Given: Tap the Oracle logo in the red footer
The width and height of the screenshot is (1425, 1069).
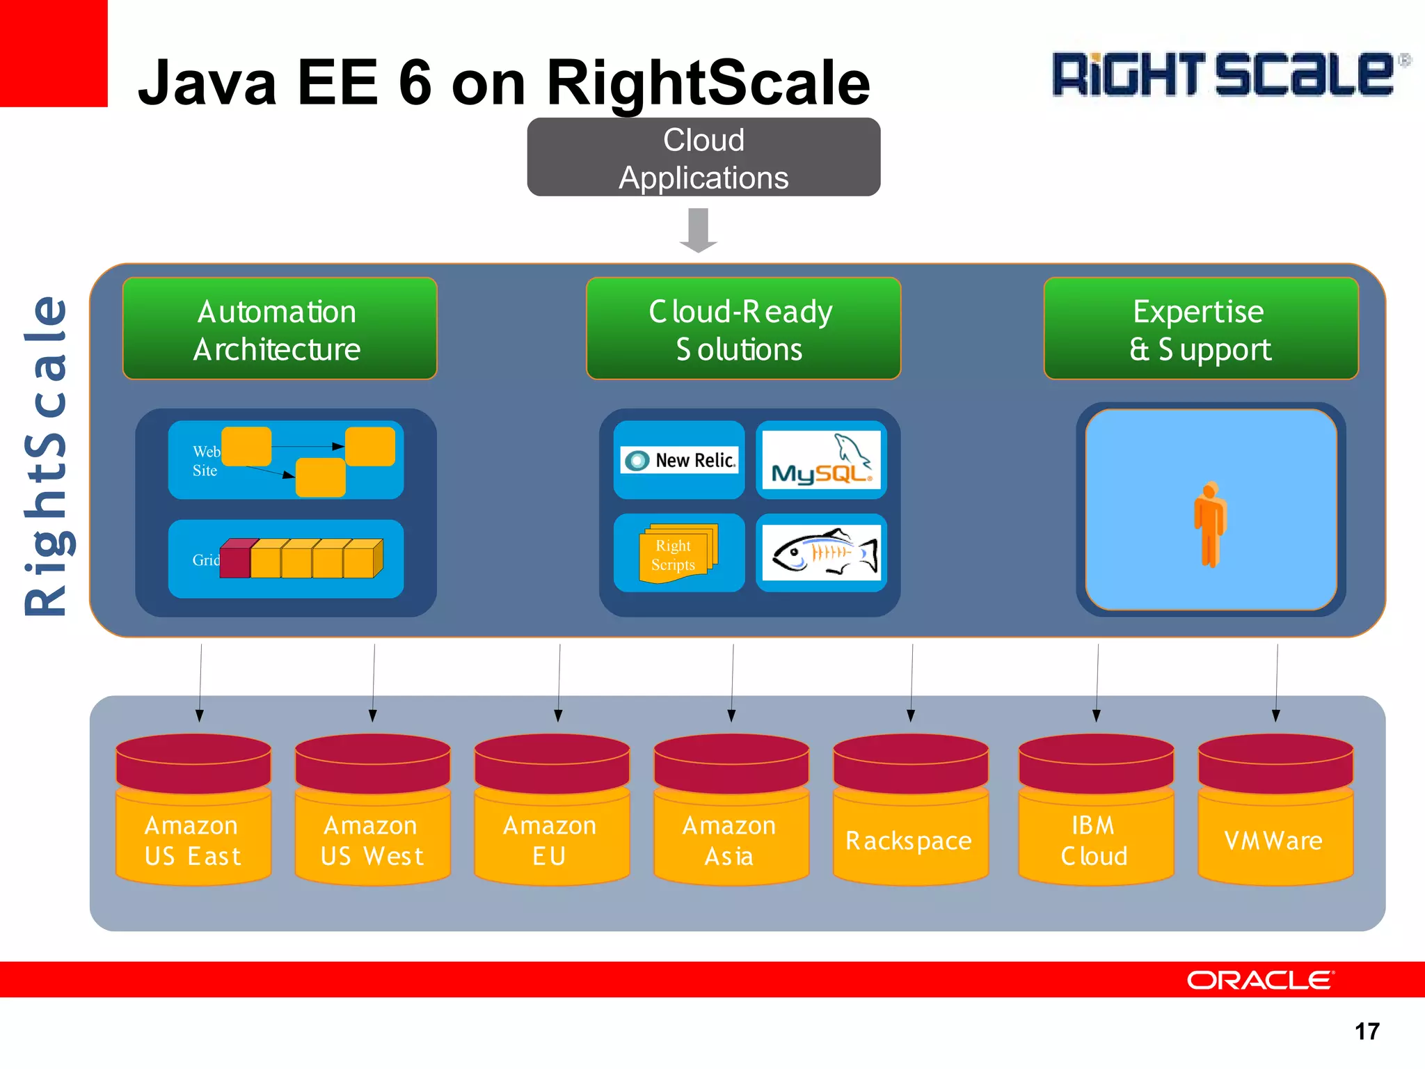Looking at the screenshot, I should (x=1260, y=980).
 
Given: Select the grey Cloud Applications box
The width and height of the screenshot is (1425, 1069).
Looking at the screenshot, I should (x=703, y=157).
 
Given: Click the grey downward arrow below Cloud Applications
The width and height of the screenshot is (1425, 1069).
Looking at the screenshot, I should (x=699, y=230).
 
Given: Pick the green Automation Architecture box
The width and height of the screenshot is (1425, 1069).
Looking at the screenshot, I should (x=280, y=328).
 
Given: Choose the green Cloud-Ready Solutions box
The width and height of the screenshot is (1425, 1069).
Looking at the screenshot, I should (x=743, y=328).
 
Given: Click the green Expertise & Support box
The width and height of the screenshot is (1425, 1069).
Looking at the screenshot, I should (x=1200, y=328).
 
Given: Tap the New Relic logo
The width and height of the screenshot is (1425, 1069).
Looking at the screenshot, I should (x=679, y=460).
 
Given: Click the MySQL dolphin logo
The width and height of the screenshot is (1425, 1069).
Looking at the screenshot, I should (x=821, y=459).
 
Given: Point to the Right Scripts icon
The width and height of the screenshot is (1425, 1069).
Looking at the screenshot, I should (x=676, y=553).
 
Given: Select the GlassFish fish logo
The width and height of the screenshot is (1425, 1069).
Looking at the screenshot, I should (x=822, y=553).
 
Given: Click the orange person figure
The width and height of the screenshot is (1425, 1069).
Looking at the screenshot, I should (x=1211, y=523).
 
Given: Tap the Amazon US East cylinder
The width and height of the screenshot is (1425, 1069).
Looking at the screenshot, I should (x=193, y=811).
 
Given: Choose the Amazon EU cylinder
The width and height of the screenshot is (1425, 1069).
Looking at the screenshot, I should (x=552, y=811).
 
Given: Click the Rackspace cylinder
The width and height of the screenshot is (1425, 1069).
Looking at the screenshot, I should (x=910, y=811).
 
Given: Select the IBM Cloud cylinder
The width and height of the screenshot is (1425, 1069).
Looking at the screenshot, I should (x=1096, y=811).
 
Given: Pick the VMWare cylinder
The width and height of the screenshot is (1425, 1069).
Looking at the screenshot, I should (x=1275, y=811).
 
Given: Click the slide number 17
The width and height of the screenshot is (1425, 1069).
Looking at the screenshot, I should (x=1367, y=1031).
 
